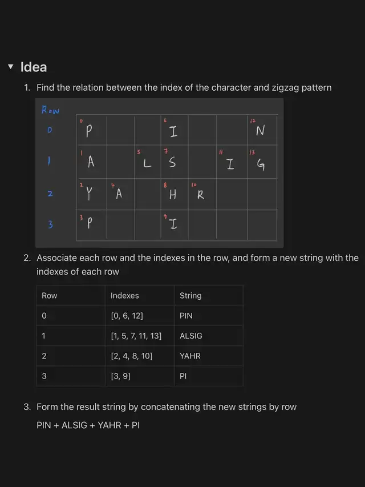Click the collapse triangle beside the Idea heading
point(10,67)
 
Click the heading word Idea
point(34,67)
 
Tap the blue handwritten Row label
point(51,110)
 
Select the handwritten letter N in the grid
point(260,131)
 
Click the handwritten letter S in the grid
point(172,163)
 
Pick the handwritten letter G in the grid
point(261,165)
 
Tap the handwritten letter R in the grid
point(201,195)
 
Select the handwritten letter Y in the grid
point(89,195)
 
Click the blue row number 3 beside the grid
point(50,225)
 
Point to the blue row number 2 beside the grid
point(50,194)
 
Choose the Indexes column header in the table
point(125,296)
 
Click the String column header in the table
point(190,296)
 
